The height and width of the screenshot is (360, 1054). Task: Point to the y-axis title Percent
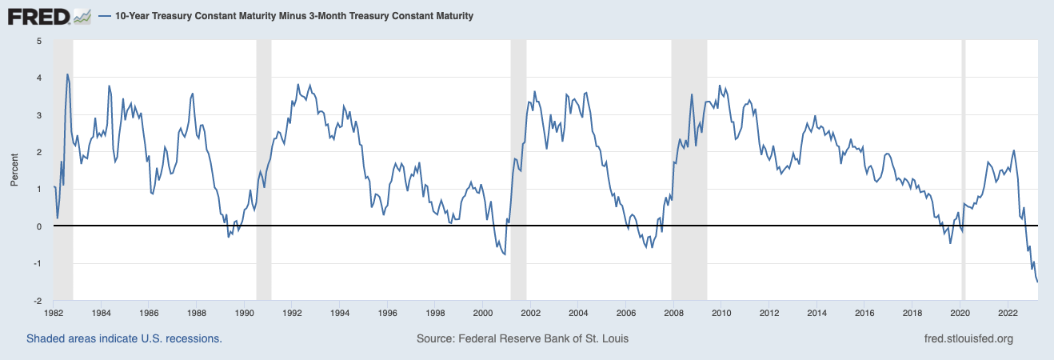14,171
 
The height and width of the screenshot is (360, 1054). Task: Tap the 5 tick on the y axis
39,41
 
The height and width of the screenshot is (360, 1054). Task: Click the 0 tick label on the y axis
39,226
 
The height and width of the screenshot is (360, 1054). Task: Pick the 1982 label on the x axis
54,314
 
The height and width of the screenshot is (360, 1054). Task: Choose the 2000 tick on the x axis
482,314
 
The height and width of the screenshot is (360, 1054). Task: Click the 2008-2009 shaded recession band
689,160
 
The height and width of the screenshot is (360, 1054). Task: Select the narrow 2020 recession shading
964,160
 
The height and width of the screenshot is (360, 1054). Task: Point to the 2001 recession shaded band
518,160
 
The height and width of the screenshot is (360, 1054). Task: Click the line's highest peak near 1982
67,74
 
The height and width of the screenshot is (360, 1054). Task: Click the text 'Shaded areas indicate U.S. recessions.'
124,338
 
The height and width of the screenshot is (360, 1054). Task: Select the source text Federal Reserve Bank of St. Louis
522,338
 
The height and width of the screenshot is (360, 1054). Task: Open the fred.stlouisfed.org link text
968,338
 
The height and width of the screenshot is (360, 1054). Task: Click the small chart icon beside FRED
82,15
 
